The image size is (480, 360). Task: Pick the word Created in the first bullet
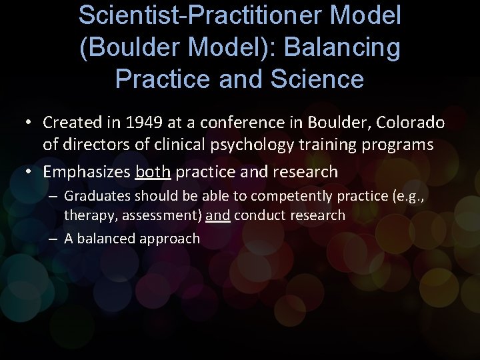pos(67,123)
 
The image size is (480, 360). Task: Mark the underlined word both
pos(153,171)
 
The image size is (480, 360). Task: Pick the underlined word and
pos(217,215)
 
